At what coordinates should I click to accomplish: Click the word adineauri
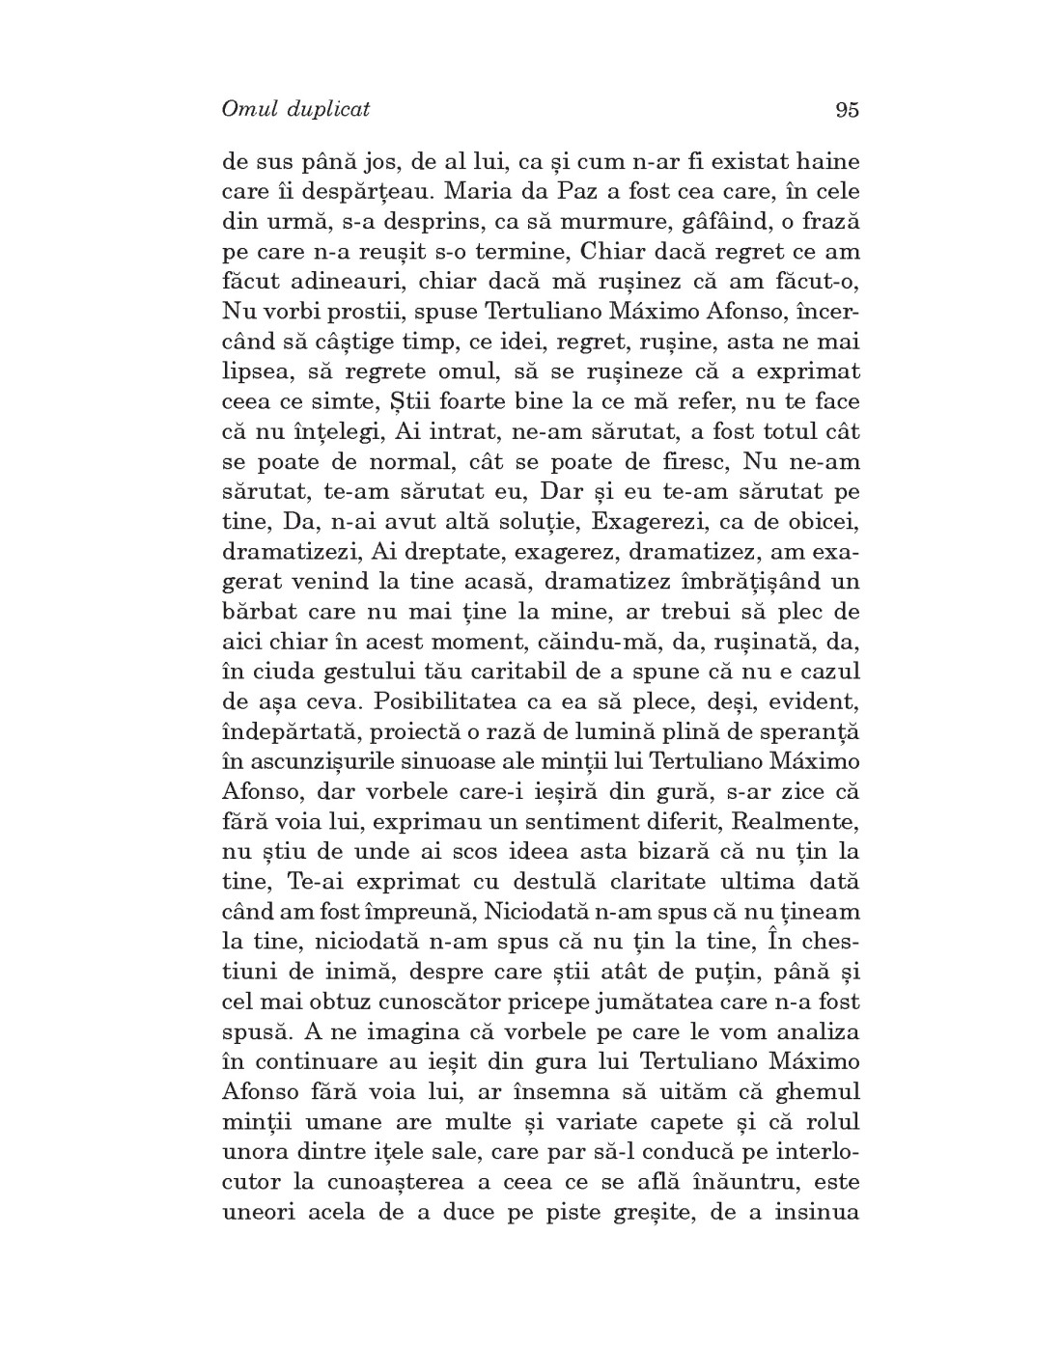(331, 282)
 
